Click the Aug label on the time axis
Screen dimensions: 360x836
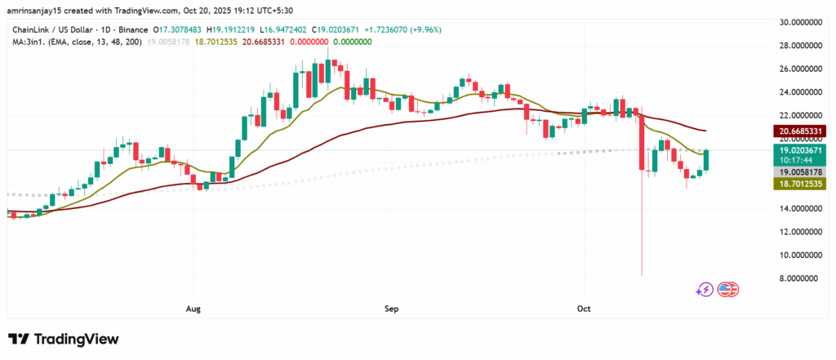[193, 309]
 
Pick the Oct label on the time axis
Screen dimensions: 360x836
[584, 309]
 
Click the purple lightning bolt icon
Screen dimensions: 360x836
[705, 289]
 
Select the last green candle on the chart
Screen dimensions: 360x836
[707, 161]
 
